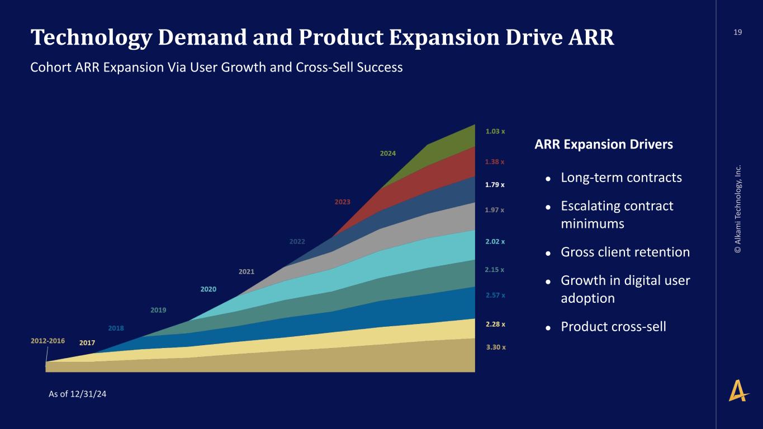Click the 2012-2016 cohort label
pos(48,341)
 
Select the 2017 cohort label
pos(87,342)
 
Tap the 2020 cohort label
pos(208,289)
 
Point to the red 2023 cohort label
pos(342,202)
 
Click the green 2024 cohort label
pos(388,152)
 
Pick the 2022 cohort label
pos(297,242)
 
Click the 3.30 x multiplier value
pos(496,347)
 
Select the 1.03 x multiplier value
pos(495,131)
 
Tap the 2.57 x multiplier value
pos(495,295)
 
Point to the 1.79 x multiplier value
pos(495,184)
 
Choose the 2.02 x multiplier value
pos(495,242)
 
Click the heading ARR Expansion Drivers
pos(604,145)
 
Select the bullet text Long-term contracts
pos(621,178)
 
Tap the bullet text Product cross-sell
pos(613,326)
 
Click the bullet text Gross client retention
pos(625,252)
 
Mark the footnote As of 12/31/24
pos(78,394)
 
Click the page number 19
pos(738,32)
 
